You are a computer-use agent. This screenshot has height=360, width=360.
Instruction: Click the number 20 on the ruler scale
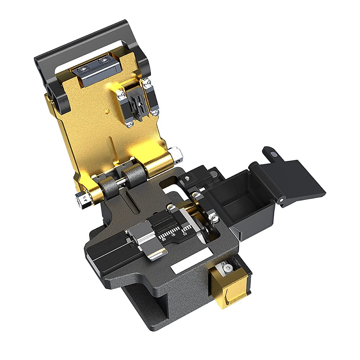(163, 239)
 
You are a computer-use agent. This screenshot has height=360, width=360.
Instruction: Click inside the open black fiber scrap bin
(237, 204)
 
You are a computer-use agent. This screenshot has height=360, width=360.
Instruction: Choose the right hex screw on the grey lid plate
(105, 61)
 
